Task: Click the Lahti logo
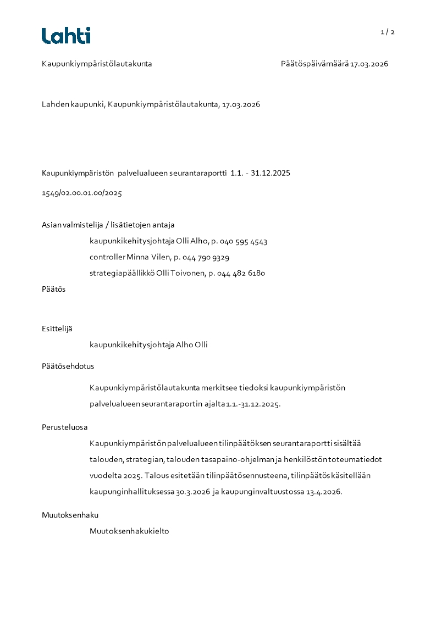point(66,36)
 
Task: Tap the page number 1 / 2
point(387,32)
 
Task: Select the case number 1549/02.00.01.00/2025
point(82,193)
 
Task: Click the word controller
point(107,257)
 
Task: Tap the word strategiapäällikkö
point(122,273)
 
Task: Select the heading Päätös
point(53,289)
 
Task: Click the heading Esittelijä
point(57,329)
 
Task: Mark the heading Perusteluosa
point(64,427)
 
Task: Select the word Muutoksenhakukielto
point(129,531)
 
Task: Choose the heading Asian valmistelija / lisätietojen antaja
point(108,225)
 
